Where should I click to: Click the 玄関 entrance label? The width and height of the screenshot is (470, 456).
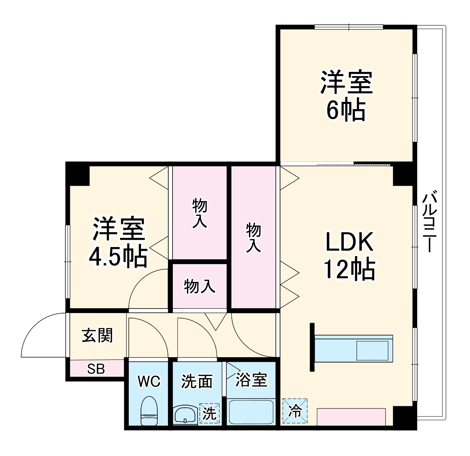coord(97,336)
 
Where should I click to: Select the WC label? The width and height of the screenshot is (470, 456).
coord(149,381)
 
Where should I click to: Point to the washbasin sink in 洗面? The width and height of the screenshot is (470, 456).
coord(185,414)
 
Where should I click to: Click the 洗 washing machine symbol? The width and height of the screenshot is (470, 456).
coord(209,413)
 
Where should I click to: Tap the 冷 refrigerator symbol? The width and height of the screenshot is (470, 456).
coord(294,411)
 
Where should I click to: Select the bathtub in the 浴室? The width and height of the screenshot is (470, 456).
coord(251,411)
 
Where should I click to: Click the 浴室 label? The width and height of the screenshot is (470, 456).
coord(251,380)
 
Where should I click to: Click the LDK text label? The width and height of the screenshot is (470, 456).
coord(350,242)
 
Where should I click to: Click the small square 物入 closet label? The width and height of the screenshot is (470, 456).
coord(199,286)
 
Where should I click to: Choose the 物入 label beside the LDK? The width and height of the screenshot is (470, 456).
coord(253,237)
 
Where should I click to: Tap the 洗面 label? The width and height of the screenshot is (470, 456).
coord(196,381)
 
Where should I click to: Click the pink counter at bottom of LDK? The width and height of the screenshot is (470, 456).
coord(351,417)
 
